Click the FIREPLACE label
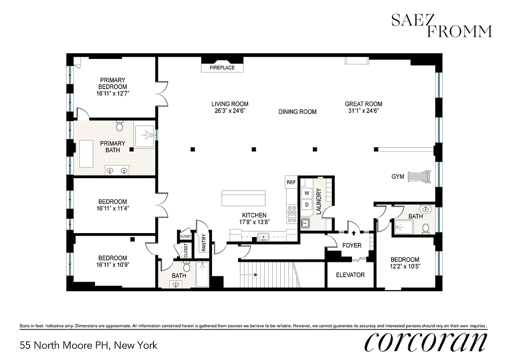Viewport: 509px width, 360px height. [222, 68]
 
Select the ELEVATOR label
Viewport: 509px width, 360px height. [350, 274]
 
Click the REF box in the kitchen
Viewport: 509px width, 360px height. [291, 183]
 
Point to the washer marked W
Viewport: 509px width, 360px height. [307, 193]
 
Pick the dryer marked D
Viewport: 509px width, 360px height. [307, 205]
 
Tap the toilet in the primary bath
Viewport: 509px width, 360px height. [120, 126]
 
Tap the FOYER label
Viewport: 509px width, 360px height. [351, 246]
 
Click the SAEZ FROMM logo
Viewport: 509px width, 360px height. [441, 26]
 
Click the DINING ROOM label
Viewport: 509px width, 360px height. [297, 112]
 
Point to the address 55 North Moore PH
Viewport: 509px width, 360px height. [89, 346]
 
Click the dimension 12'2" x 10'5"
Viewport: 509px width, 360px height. [405, 266]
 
